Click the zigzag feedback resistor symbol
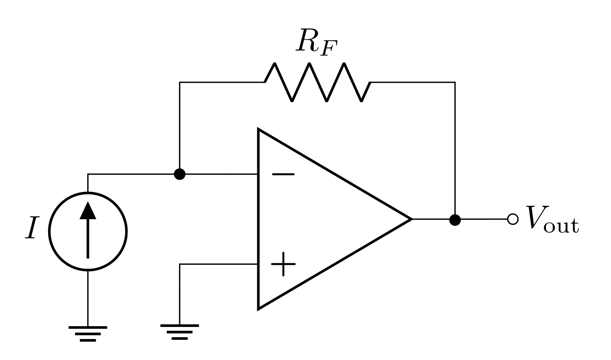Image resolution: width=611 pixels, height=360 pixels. pos(317,82)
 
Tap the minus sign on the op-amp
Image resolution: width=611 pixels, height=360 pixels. pos(283,175)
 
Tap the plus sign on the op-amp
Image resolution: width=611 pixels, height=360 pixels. pos(283,264)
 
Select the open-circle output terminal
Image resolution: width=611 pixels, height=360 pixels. pos(513,219)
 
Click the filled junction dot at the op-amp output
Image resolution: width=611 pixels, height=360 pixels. pos(455,220)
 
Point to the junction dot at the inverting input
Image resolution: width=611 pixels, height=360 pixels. pos(179,174)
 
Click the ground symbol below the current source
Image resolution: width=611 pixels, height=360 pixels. pos(88,333)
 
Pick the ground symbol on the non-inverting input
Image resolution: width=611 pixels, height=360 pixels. pos(179,332)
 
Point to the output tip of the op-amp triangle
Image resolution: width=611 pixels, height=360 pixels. pos(411,219)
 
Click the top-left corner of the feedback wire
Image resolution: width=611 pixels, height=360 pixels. pos(180,82)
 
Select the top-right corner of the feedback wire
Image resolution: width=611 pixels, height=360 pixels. pos(455,82)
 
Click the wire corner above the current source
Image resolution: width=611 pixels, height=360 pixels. pos(88,174)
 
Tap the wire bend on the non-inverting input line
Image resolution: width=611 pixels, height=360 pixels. pos(180,264)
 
